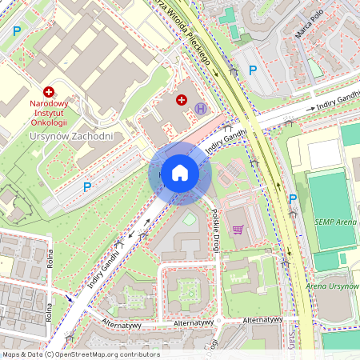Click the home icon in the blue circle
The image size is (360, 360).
pos(180,173)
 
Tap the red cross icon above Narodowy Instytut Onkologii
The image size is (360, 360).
pos(49,93)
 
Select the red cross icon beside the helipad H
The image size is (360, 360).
pos(182,100)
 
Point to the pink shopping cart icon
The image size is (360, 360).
pos(238,230)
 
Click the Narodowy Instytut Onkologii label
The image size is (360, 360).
pos(49,113)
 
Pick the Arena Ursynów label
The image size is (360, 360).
pos(332,286)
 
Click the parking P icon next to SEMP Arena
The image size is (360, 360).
pos(293,199)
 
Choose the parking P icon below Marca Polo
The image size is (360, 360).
pos(253,70)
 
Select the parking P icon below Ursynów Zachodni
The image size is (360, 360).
pos(87,187)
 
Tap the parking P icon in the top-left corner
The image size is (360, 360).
pos(17,32)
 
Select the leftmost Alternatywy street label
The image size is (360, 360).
pos(122,325)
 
